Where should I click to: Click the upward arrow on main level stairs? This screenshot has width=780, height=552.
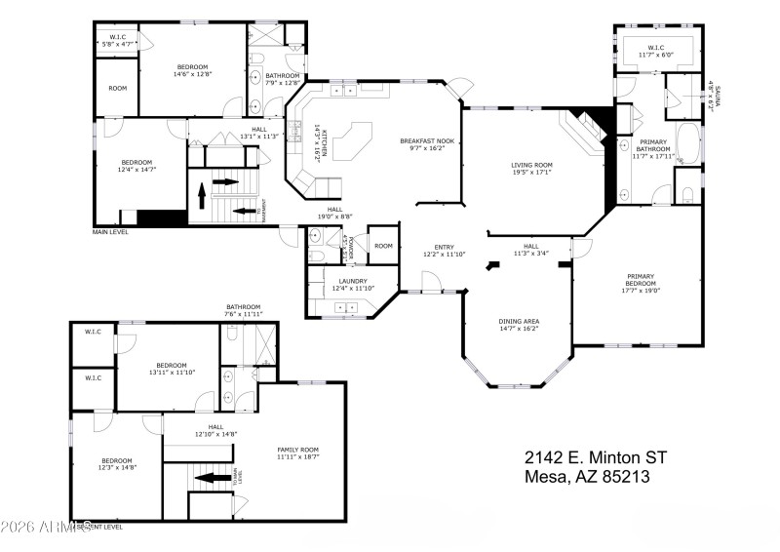[203, 198]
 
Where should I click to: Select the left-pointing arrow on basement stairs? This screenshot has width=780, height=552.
[209, 477]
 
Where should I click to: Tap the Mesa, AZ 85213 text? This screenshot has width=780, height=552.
[587, 477]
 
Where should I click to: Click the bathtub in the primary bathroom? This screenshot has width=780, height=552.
[686, 143]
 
